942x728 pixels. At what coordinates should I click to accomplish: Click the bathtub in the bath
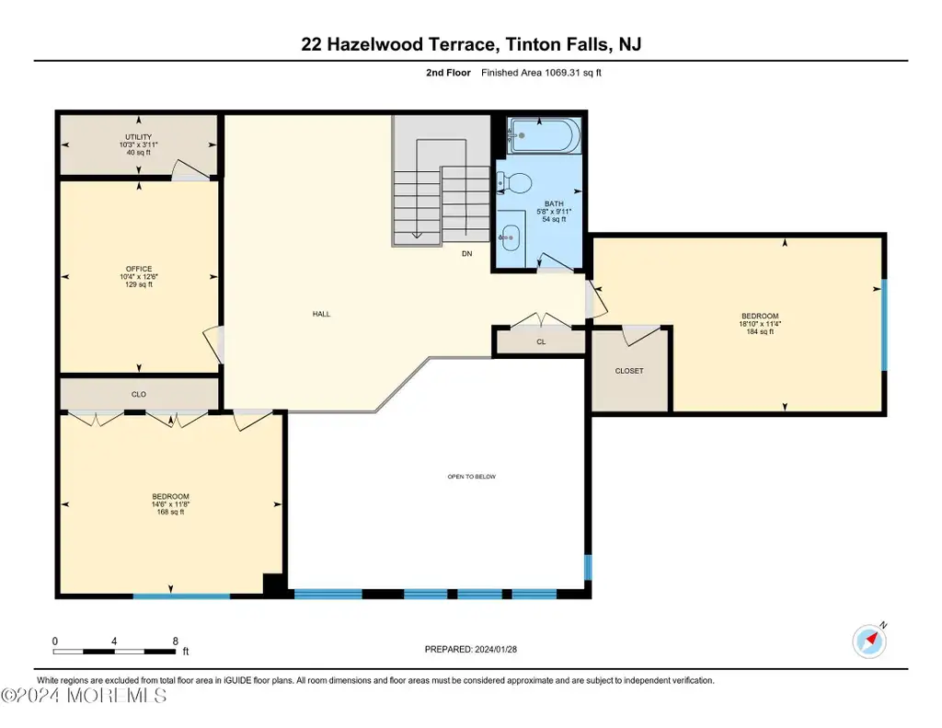tap(545, 135)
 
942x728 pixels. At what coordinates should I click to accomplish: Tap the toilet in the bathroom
tap(514, 183)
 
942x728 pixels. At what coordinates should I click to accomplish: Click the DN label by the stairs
tap(466, 254)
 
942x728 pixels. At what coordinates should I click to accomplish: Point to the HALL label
tap(321, 314)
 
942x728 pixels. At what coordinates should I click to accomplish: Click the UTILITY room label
tap(138, 137)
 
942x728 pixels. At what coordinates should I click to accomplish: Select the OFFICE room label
tap(139, 269)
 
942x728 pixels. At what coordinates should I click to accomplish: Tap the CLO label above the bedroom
tap(139, 394)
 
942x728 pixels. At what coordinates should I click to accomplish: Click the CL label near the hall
tap(541, 342)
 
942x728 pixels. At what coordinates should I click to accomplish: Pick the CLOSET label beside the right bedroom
tap(629, 371)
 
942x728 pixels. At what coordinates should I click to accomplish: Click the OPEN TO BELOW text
tap(472, 477)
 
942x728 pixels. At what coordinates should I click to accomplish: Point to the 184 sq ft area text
tap(760, 331)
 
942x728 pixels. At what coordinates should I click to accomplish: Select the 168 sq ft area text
tap(170, 513)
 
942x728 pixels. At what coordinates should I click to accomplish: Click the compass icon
tap(869, 641)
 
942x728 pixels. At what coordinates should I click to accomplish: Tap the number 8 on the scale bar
tap(176, 641)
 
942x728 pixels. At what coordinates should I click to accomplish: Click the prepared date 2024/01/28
tap(496, 649)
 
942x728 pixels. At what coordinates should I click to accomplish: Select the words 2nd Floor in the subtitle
tap(448, 73)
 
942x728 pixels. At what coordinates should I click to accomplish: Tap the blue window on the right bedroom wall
tap(884, 325)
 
